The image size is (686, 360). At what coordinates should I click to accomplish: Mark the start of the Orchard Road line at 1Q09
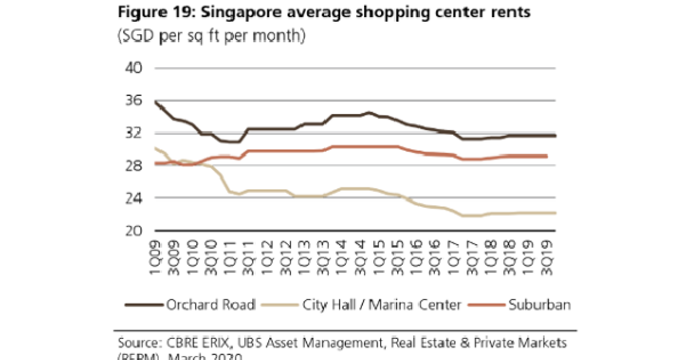(x=155, y=102)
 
